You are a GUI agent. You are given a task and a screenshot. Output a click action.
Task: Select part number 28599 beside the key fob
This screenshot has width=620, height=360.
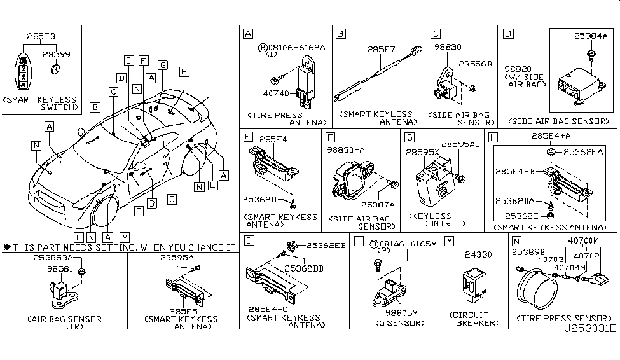[57, 55]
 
